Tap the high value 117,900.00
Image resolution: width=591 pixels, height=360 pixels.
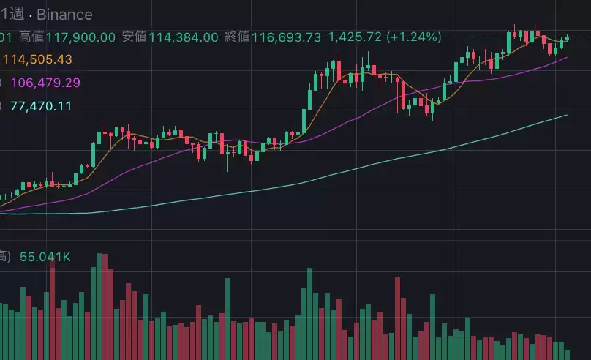tap(80, 37)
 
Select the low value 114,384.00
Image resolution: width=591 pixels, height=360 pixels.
tap(184, 37)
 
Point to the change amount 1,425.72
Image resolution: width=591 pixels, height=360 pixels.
tap(355, 37)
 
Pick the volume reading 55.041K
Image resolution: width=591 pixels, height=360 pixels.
tap(45, 257)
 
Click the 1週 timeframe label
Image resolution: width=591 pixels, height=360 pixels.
tap(10, 14)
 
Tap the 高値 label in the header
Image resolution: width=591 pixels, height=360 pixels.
tap(31, 37)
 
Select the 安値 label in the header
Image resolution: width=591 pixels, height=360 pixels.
tap(135, 37)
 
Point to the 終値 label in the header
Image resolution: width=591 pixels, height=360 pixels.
tap(238, 37)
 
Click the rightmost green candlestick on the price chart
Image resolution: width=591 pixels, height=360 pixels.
tap(567, 38)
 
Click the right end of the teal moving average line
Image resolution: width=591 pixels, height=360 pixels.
tap(567, 115)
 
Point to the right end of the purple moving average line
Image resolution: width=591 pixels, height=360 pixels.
tap(567, 57)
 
